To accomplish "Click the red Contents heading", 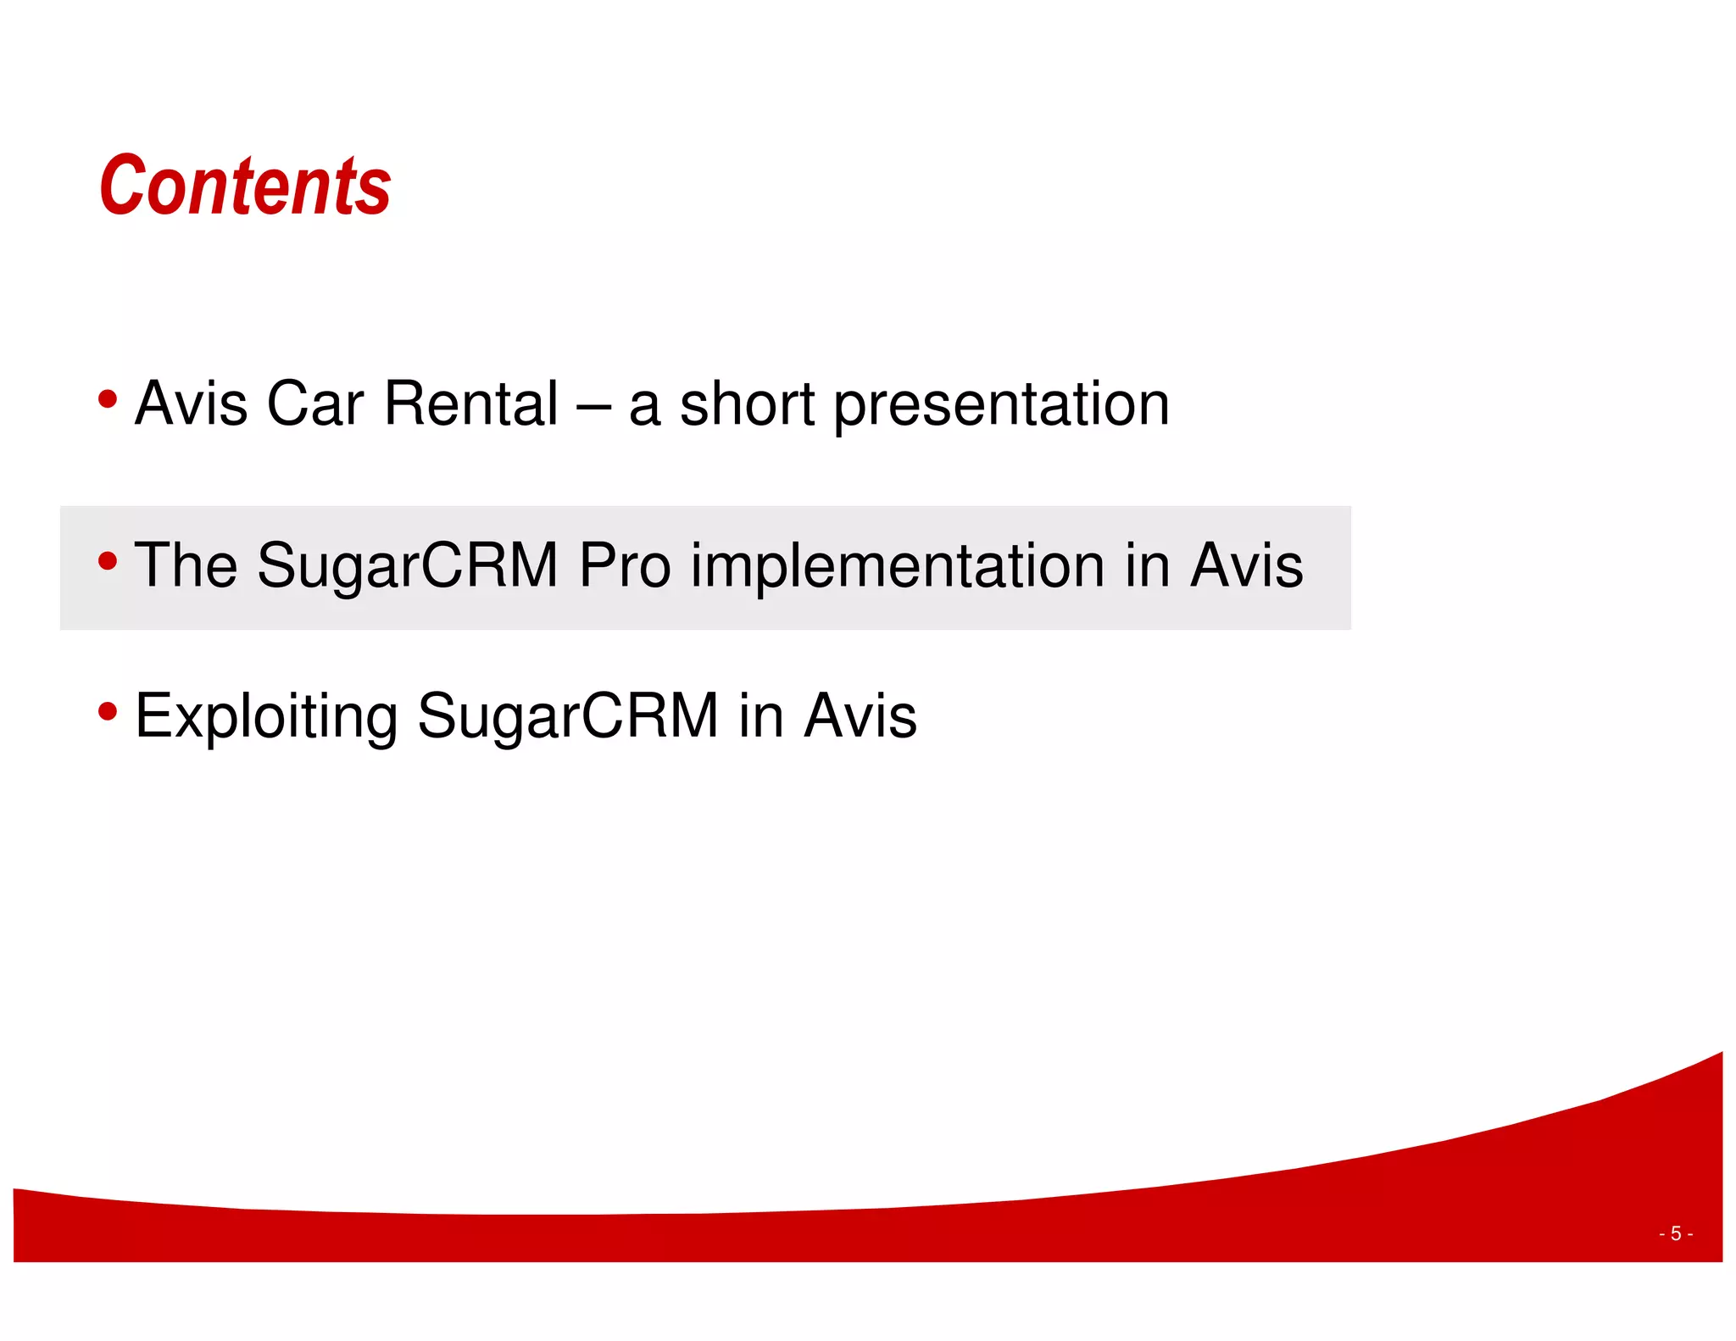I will [x=245, y=186].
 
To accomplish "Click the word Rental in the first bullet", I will [x=471, y=403].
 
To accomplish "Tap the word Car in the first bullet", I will [x=314, y=403].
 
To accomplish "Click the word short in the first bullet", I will [x=747, y=403].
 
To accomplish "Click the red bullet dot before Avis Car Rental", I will [x=108, y=398].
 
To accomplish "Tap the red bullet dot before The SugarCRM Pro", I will [x=108, y=560].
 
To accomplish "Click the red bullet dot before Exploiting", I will [x=108, y=711].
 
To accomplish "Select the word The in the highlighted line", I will [x=186, y=565].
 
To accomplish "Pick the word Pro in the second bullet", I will [x=625, y=565].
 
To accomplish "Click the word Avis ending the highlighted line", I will [x=1246, y=565].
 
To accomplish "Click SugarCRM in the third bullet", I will [x=568, y=717].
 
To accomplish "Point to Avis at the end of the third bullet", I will [x=860, y=716].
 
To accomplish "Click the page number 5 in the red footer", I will [x=1676, y=1233].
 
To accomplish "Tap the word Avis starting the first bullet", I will [x=192, y=403].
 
